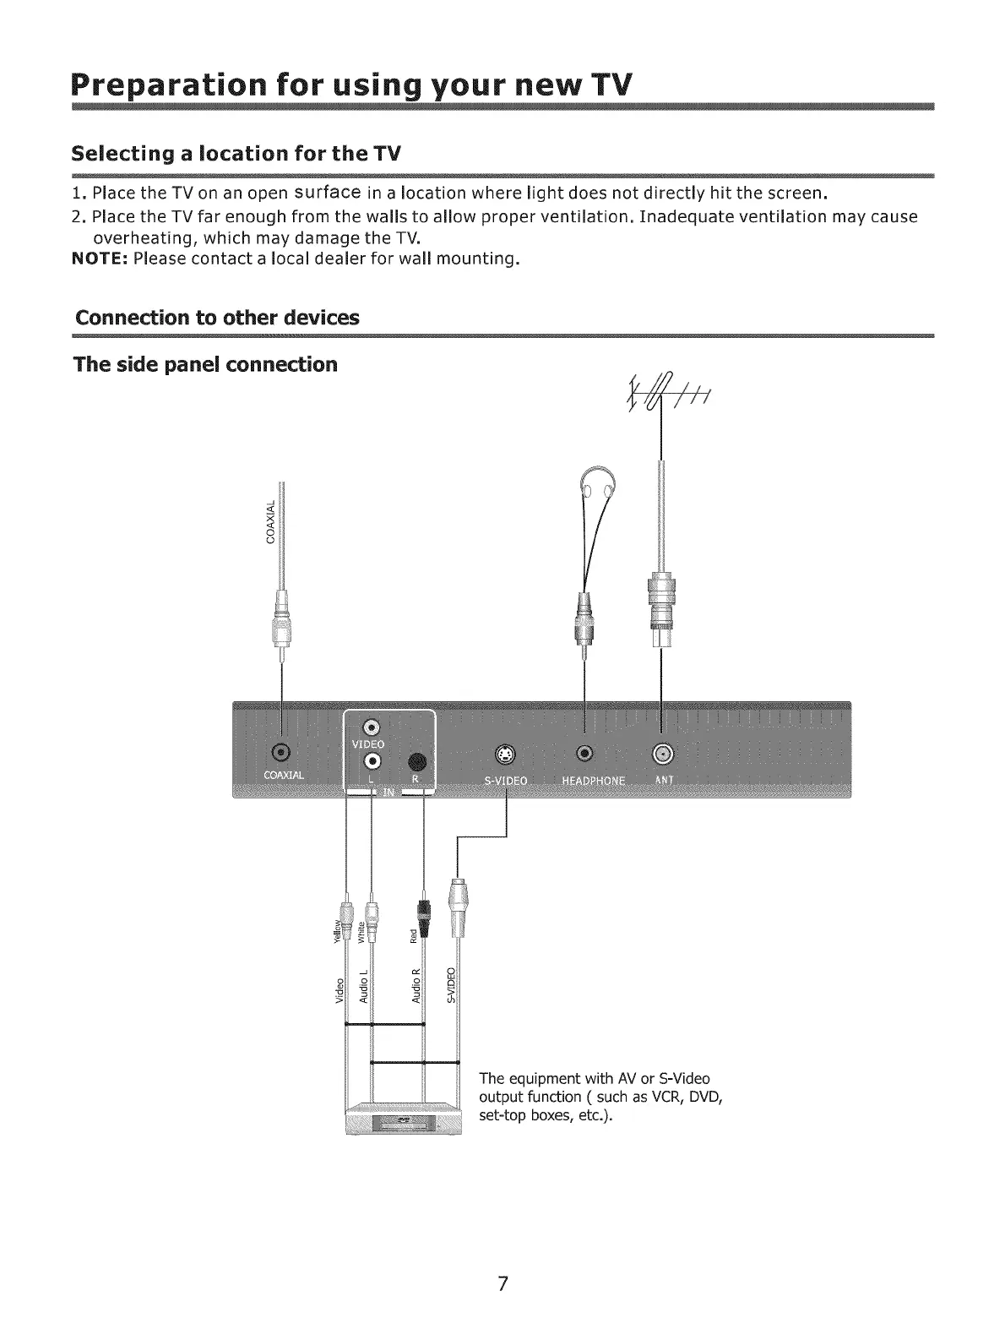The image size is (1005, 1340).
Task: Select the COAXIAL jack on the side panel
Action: click(x=283, y=753)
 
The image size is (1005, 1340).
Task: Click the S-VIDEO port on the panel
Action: click(x=505, y=754)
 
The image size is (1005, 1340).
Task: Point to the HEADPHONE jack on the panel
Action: click(x=584, y=753)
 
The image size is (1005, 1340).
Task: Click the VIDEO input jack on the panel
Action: click(x=372, y=726)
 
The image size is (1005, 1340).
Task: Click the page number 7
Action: click(x=502, y=1283)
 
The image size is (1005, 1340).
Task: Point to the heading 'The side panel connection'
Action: click(x=206, y=365)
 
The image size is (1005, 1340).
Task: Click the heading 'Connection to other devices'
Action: click(x=217, y=319)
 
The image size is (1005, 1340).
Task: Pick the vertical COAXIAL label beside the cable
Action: click(x=271, y=521)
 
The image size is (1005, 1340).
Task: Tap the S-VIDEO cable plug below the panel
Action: click(x=459, y=906)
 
